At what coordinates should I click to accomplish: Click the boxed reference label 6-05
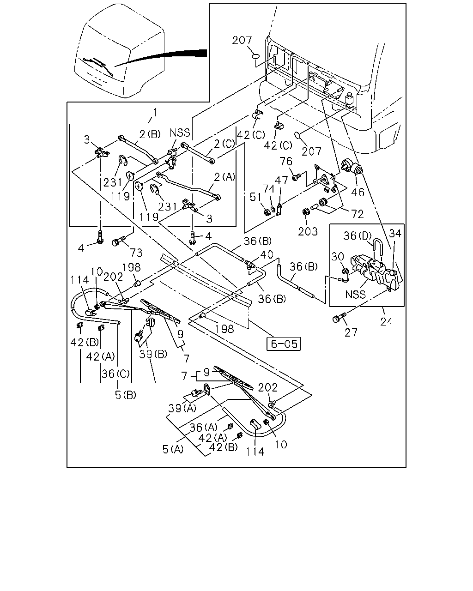(284, 344)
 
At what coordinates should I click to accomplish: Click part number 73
(137, 253)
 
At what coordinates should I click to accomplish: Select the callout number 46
(358, 193)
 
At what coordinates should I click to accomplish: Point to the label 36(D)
(358, 235)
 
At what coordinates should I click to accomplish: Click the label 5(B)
(126, 395)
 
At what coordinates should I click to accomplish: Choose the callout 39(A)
(182, 416)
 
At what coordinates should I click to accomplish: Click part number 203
(308, 231)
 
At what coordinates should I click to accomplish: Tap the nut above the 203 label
(305, 211)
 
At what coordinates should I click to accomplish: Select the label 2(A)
(224, 177)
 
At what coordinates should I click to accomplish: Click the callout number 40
(267, 254)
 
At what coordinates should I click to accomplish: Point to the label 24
(387, 321)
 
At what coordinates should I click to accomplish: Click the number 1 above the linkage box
(155, 112)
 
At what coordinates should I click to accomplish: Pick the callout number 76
(286, 161)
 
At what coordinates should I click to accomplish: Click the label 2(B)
(150, 134)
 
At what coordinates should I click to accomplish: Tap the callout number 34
(395, 233)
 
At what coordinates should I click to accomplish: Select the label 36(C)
(115, 374)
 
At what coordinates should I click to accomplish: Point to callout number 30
(338, 257)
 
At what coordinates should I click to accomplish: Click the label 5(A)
(173, 449)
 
